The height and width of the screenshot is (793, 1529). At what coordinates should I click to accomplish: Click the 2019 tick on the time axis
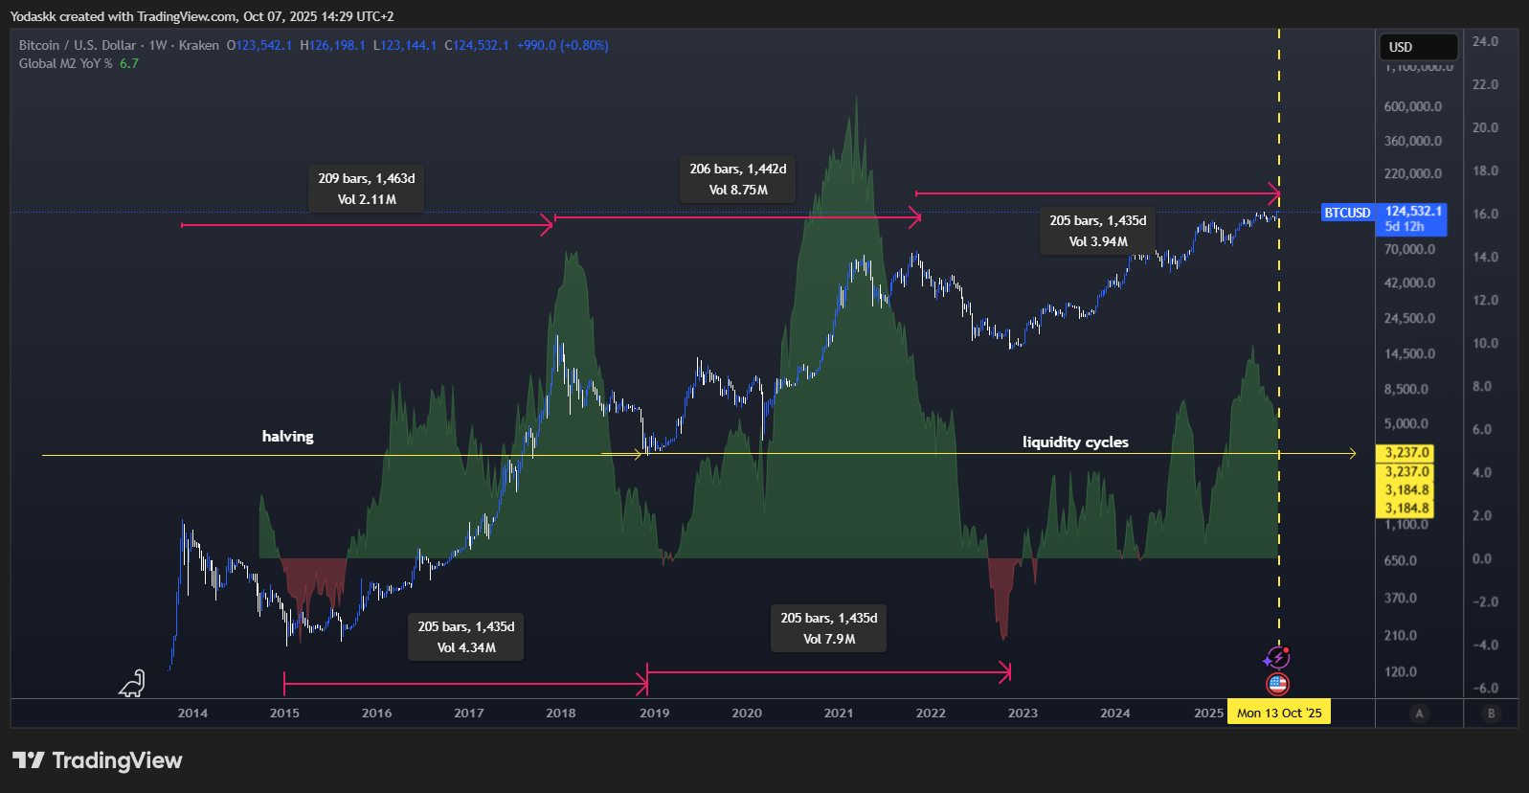click(x=654, y=713)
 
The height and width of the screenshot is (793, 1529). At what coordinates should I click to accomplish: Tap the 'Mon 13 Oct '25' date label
click(x=1278, y=713)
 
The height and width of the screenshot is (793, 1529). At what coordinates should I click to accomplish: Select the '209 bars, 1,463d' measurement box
click(x=366, y=189)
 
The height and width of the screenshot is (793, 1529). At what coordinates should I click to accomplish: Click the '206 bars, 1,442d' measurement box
click(x=737, y=179)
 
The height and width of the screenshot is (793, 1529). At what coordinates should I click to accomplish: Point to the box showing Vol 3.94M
click(x=1097, y=231)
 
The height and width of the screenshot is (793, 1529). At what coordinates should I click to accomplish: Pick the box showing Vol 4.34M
click(x=465, y=637)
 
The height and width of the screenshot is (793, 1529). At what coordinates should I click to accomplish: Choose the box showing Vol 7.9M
click(x=828, y=628)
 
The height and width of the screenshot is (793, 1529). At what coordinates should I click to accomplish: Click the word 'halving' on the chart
click(x=287, y=436)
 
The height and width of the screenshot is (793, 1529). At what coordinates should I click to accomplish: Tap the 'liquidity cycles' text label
click(x=1075, y=442)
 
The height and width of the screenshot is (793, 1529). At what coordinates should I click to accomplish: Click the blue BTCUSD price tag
click(x=1347, y=213)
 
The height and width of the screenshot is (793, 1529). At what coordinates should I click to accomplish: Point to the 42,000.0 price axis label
click(x=1409, y=283)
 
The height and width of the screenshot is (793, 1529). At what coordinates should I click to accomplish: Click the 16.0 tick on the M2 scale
click(x=1485, y=214)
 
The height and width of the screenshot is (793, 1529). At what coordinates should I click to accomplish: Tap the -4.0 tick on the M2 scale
click(x=1485, y=645)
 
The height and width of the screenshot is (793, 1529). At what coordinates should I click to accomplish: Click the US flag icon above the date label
click(x=1277, y=684)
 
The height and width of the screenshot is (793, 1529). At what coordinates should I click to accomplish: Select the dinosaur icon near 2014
click(x=132, y=683)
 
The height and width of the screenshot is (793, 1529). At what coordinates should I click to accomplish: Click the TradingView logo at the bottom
click(x=97, y=760)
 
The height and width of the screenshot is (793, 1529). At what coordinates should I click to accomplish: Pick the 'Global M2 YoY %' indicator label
click(x=66, y=63)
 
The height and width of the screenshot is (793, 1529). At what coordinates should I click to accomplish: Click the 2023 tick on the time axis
click(x=1023, y=713)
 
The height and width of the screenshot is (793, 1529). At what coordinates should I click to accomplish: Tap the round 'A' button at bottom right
click(x=1419, y=713)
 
